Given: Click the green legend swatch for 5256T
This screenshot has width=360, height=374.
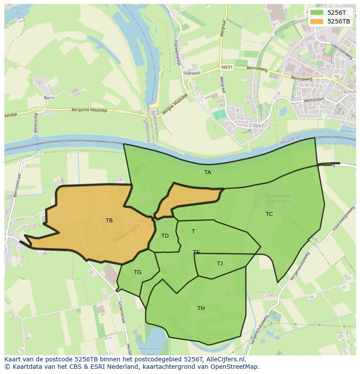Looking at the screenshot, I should tap(317, 13).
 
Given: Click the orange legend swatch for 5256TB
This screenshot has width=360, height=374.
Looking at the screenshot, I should tap(317, 21).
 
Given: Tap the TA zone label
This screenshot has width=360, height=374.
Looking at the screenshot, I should tap(208, 172).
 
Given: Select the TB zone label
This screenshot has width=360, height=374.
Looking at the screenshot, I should tap(109, 221).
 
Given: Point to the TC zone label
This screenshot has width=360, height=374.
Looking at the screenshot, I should tap(269, 214).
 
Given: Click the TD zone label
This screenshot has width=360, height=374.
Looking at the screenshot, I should tap(165, 236).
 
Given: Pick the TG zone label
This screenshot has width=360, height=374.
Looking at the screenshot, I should tap(137, 272).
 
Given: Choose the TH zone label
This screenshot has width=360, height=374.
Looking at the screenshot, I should tap(201, 308).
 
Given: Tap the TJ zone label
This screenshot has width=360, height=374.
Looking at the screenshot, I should tap(220, 263).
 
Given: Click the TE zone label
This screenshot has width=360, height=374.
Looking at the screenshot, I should tap(197, 252).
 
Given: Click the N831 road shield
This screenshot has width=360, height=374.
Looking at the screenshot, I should tap(227, 67).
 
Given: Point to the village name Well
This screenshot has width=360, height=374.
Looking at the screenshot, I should tap(259, 126).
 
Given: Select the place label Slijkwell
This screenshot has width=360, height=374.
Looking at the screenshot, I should tap(191, 74).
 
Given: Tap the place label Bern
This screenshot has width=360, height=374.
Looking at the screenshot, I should tap(49, 98).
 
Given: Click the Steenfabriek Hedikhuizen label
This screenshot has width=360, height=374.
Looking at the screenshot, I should tap(277, 199).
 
